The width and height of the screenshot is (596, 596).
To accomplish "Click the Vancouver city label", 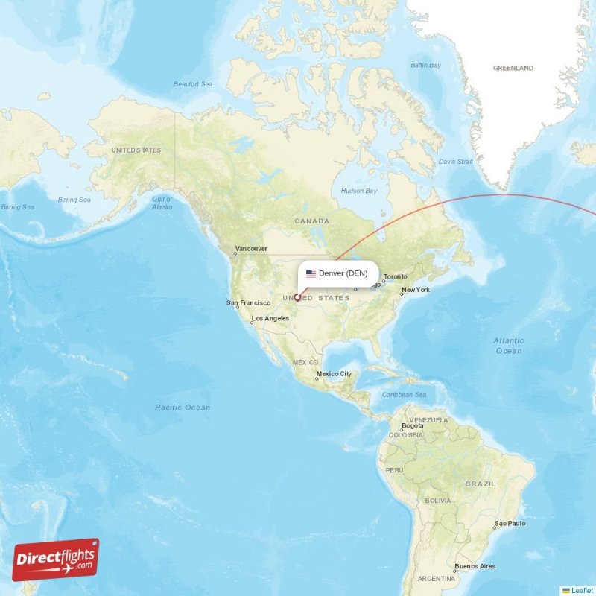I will coord(251,249).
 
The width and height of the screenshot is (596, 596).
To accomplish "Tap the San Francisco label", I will coord(248,302).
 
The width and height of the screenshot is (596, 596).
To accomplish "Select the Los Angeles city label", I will coord(270,318).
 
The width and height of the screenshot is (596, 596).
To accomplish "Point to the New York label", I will coord(416,290).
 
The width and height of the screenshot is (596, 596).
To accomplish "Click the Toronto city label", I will coord(396,276).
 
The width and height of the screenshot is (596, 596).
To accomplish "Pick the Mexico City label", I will coord(334,374).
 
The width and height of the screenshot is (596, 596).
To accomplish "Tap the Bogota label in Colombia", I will coord(413,426).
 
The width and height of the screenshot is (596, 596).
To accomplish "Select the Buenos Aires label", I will coord(475,566).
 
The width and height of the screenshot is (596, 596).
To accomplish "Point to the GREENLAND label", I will coord(513,68).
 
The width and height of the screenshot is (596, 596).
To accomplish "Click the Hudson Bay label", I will coord(359,191).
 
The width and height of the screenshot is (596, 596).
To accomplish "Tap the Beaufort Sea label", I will coord(193,84).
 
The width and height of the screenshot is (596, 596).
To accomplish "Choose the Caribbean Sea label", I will coord(404,394).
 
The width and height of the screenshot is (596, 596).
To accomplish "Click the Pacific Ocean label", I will coord(183,408).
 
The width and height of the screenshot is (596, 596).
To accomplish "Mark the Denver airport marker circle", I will coord(297,298).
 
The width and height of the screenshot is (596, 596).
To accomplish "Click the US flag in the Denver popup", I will coord(311,273).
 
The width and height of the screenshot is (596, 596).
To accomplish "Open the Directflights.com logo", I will coord(55,559).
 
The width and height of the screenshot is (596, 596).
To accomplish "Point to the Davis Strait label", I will coord(455,161).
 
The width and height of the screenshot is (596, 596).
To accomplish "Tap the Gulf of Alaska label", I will coord(162,203).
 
